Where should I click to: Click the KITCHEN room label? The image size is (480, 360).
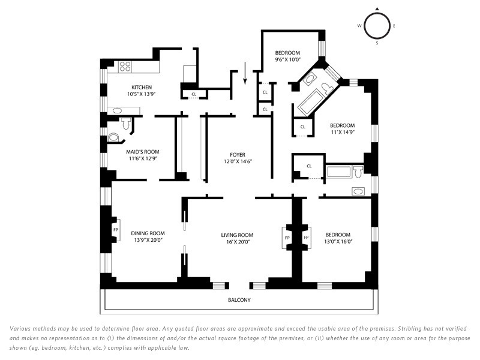click(142, 87)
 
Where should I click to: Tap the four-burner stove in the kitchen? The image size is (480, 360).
click(125, 67)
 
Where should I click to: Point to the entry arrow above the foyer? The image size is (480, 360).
click(245, 73)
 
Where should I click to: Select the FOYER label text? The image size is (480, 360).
click(238, 155)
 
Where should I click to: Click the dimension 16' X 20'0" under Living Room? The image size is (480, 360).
click(237, 242)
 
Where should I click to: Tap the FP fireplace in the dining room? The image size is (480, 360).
click(116, 230)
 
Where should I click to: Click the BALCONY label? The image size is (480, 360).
click(239, 300)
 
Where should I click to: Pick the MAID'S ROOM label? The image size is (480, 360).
click(143, 152)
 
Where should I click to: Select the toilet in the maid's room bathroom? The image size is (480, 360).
click(126, 123)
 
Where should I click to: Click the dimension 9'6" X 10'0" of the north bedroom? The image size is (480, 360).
click(288, 59)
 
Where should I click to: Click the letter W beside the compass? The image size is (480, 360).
click(359, 26)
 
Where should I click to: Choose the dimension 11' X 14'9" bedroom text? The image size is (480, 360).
click(342, 132)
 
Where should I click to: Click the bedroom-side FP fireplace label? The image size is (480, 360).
click(306, 238)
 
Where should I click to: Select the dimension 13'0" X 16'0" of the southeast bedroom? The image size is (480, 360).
click(338, 242)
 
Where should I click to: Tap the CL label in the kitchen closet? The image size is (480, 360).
click(194, 94)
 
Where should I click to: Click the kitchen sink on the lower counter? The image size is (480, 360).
click(116, 110)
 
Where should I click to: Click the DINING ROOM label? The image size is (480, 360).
click(148, 233)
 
